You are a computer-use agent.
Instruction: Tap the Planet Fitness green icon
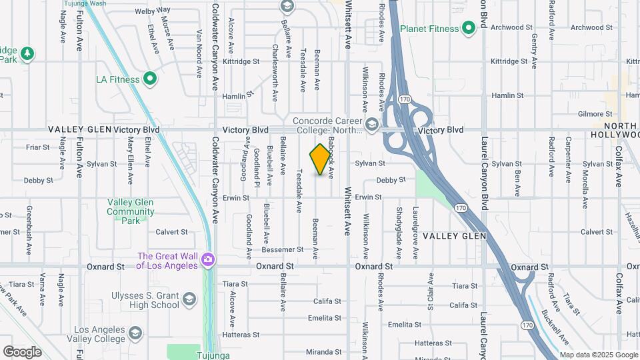pos(469,27)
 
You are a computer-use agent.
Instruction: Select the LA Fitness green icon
pos(150,79)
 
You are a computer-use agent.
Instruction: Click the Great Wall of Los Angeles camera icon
pos(209,259)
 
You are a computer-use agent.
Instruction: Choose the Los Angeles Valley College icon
pos(135,333)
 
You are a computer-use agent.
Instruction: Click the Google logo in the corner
pos(22,351)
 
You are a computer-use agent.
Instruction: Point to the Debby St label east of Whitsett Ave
pos(391,180)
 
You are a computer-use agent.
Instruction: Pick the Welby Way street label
pos(153,11)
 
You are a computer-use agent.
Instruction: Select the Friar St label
pos(35,147)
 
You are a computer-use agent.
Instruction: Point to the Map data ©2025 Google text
pos(599,355)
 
